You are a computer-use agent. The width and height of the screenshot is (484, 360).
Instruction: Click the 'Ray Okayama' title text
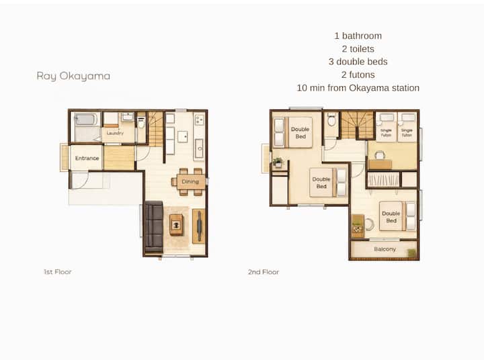click(73, 76)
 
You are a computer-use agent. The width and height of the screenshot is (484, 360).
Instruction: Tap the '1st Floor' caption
click(57, 272)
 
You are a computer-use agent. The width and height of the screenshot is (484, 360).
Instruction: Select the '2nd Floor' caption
click(264, 272)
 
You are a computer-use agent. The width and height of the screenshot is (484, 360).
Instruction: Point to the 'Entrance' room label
click(87, 159)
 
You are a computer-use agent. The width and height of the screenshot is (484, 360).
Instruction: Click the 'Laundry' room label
click(115, 133)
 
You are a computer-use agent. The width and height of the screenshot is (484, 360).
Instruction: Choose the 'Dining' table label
click(190, 182)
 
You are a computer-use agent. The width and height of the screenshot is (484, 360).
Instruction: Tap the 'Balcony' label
click(385, 249)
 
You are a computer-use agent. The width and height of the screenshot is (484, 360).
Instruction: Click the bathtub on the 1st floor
click(85, 119)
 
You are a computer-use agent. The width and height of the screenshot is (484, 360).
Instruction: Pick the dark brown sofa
click(153, 227)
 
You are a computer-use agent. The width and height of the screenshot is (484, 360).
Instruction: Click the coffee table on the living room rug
click(176, 225)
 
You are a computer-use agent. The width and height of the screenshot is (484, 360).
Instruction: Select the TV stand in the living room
click(199, 226)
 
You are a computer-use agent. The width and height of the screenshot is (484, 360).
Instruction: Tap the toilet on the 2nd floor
click(331, 120)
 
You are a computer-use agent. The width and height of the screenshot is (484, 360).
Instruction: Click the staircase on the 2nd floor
click(358, 125)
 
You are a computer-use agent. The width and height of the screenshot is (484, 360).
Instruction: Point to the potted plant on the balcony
click(412, 253)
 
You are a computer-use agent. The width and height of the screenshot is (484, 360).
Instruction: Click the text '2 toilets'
click(358, 49)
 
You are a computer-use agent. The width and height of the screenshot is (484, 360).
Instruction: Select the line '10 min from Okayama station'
click(358, 88)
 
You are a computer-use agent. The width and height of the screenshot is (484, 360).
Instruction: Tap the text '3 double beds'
click(358, 62)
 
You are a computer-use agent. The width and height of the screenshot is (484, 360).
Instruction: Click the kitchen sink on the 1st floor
click(200, 148)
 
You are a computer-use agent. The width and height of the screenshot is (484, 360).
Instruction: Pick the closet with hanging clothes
click(383, 180)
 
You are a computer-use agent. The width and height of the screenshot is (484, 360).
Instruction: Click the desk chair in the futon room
click(380, 155)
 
